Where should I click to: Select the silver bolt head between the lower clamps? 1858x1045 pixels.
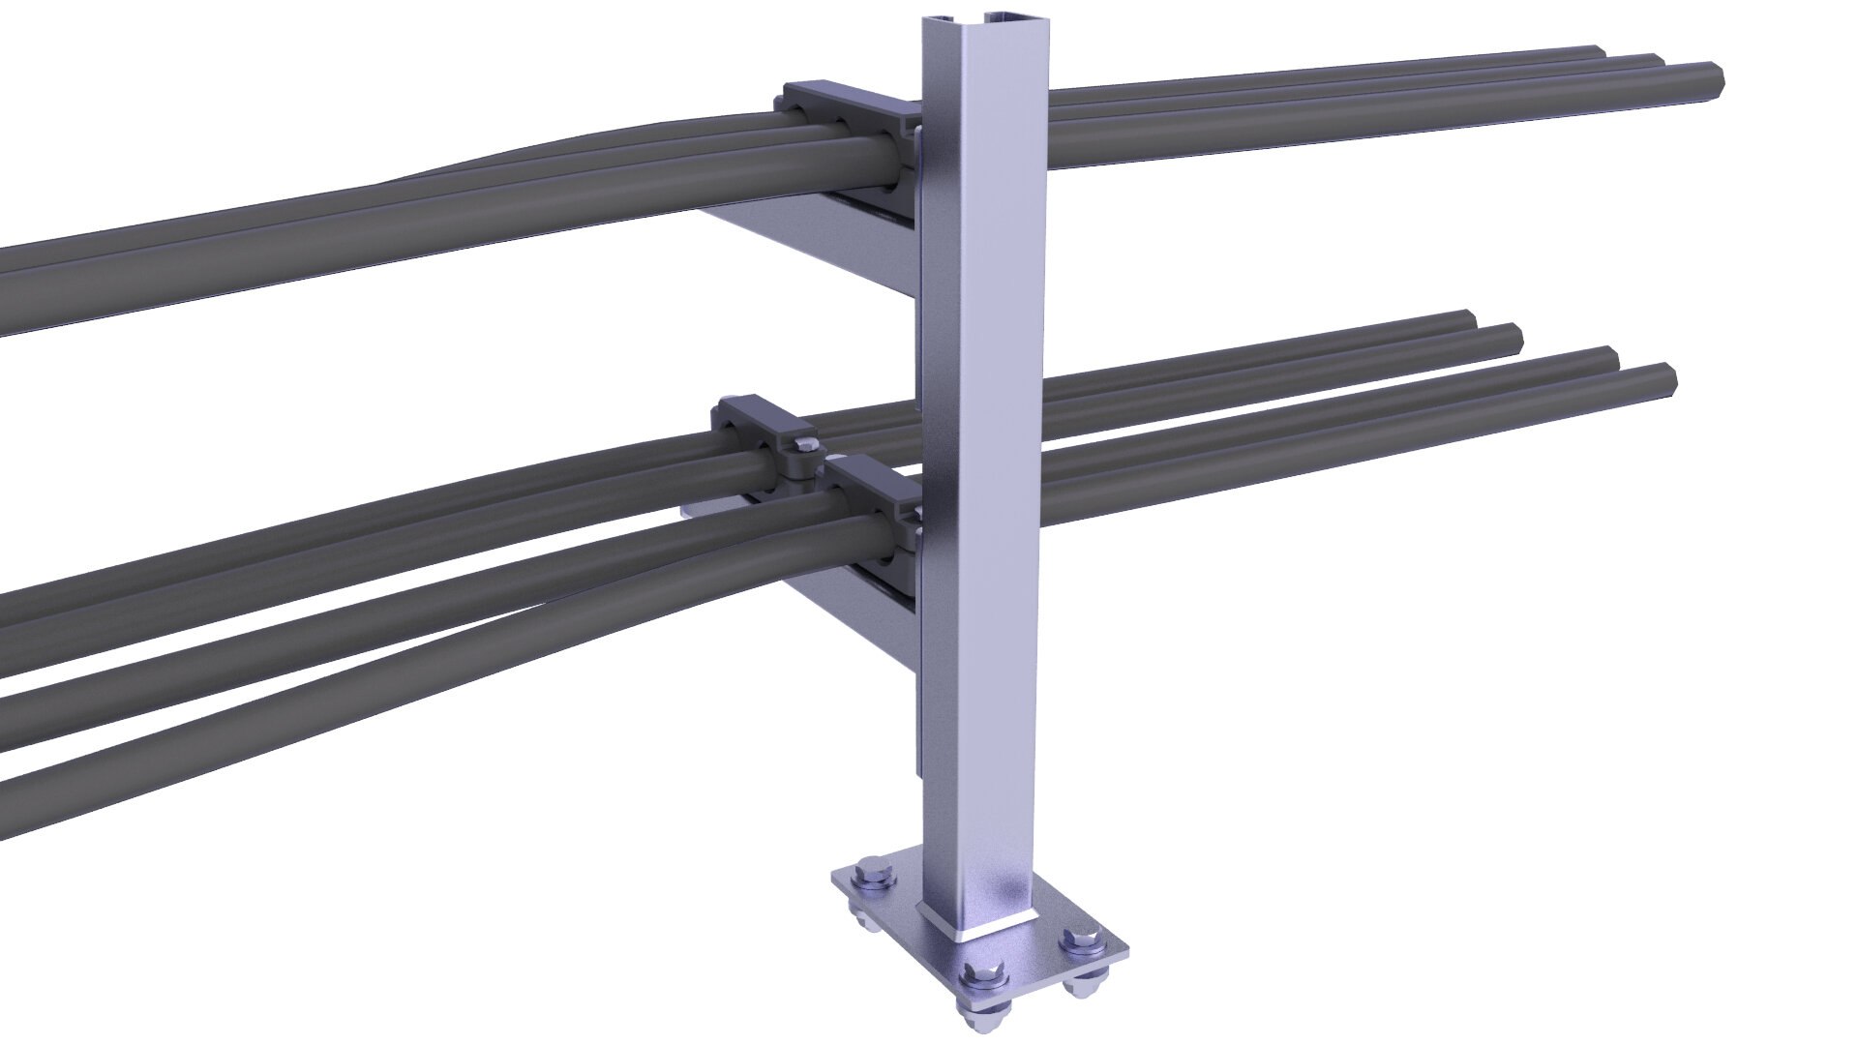(x=802, y=446)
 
